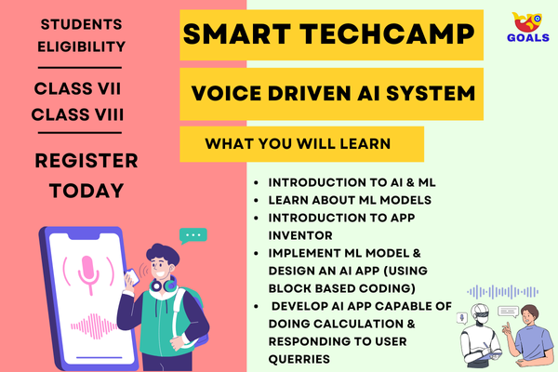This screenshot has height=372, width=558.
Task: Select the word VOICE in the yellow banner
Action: click(x=228, y=94)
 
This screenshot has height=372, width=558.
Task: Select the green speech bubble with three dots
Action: click(x=193, y=236)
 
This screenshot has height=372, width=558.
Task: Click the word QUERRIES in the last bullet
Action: click(x=299, y=358)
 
